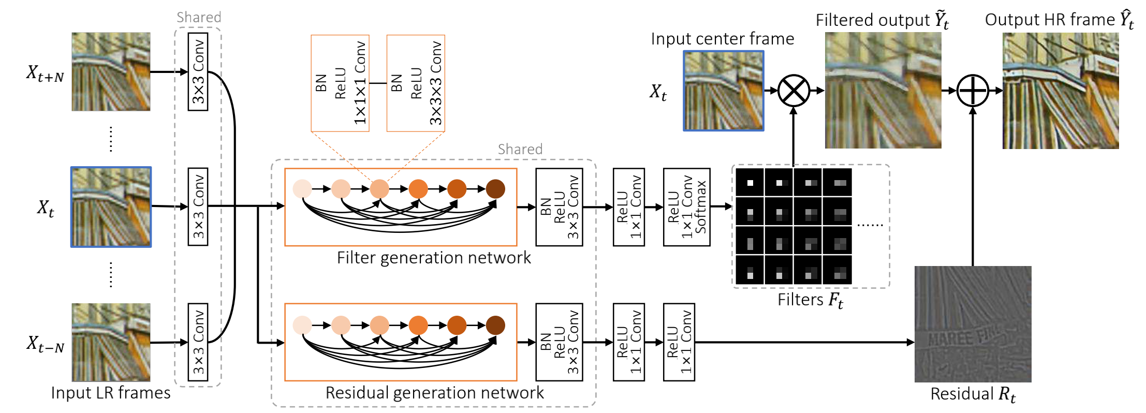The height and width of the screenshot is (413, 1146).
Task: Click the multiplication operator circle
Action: (x=794, y=91)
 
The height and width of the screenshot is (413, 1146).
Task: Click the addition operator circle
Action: (x=973, y=91)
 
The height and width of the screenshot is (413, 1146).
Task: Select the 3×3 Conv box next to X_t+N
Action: (x=198, y=71)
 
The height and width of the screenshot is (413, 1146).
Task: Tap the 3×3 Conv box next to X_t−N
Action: (x=198, y=342)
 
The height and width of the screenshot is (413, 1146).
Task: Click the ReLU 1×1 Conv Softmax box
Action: (x=686, y=207)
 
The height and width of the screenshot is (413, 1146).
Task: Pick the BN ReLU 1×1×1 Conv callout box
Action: (x=340, y=83)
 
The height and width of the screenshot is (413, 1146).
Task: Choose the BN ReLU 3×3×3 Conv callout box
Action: (x=416, y=83)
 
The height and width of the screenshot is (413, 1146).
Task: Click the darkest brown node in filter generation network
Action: (x=495, y=189)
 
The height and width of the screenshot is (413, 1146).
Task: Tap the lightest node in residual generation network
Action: (x=302, y=325)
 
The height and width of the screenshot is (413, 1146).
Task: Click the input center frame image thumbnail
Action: (x=724, y=91)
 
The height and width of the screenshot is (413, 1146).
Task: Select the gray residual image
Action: (x=973, y=324)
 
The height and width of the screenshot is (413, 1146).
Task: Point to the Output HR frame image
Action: (x=1061, y=91)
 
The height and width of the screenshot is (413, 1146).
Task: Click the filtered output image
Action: (x=883, y=91)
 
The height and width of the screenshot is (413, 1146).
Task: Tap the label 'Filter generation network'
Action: (x=434, y=258)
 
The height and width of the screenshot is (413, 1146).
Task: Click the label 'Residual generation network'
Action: (x=434, y=393)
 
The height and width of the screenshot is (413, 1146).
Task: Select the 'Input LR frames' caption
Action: (x=111, y=393)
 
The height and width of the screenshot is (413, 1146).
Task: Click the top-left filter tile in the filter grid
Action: (x=750, y=182)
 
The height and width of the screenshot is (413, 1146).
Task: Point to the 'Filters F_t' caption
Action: (x=810, y=300)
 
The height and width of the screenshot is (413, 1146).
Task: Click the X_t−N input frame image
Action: (x=111, y=342)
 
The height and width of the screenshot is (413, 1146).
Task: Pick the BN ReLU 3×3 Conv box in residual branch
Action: (x=559, y=342)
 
